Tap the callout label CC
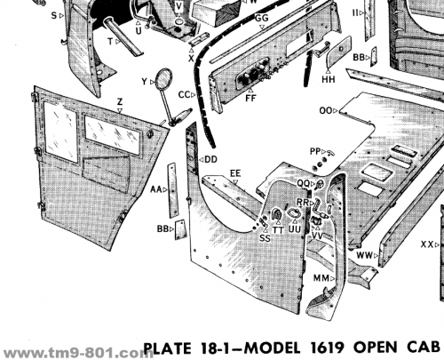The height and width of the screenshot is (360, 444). click(184, 95)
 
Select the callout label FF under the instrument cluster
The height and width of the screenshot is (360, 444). click(250, 98)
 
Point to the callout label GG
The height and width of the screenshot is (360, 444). click(262, 18)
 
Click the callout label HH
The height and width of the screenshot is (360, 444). click(329, 79)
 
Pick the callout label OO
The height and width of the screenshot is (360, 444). click(326, 111)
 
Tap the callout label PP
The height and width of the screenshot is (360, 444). click(315, 151)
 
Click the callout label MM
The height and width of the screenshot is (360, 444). click(321, 278)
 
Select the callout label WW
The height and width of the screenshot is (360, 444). click(364, 255)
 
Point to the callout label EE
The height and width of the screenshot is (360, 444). click(235, 173)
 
